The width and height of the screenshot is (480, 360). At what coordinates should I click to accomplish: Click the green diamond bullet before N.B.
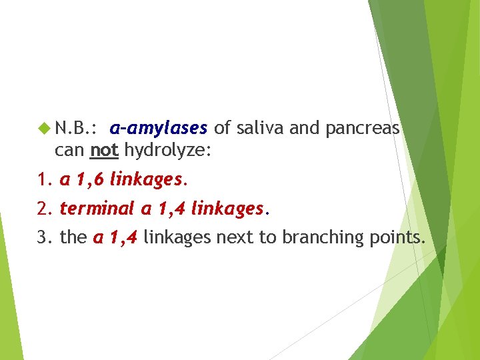point(46,127)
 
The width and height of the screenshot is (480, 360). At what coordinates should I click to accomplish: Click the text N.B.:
point(77,127)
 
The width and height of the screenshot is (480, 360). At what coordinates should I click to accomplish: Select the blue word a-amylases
point(159,127)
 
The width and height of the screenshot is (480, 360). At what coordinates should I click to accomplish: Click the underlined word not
point(104,151)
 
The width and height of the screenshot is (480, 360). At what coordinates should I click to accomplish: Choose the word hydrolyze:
point(168,151)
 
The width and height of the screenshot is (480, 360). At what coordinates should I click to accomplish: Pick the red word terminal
point(97,209)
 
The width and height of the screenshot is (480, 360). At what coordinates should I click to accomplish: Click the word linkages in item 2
point(227,209)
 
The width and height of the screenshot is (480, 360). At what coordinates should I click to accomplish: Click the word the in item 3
point(73,237)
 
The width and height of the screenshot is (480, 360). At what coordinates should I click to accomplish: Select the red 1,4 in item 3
point(122,237)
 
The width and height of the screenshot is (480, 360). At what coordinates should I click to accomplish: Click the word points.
point(398,237)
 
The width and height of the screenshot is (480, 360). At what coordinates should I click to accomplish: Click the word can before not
point(70,151)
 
